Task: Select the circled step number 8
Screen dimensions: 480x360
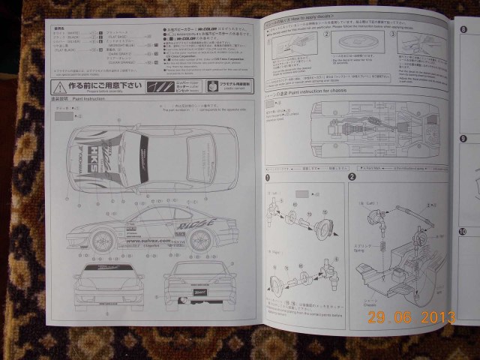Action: click(x=464, y=29)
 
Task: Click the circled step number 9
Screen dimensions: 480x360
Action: click(x=464, y=138)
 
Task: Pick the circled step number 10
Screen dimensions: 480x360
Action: click(x=464, y=232)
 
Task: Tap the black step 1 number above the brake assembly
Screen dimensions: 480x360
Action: click(x=267, y=177)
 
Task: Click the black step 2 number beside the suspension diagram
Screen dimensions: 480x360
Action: click(x=351, y=177)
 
